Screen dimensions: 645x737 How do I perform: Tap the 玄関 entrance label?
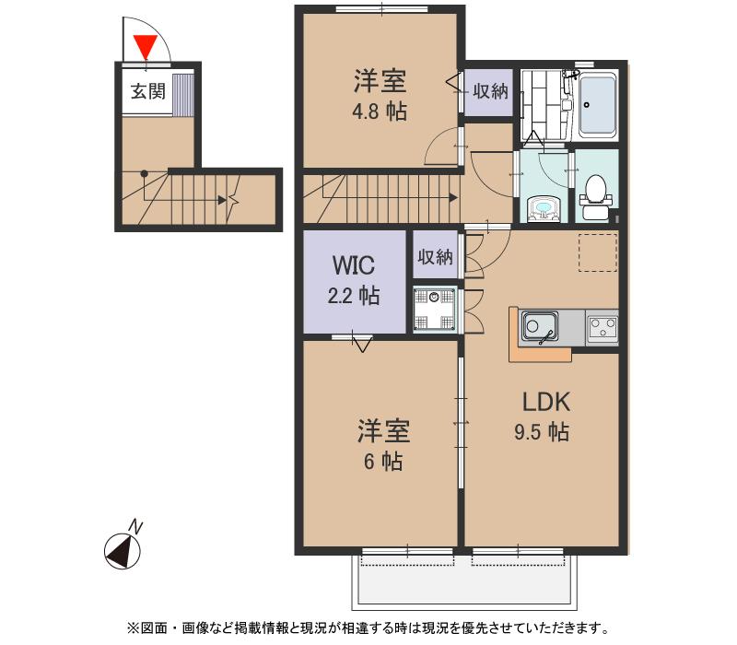point(146,91)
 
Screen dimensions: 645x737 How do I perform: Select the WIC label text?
point(353,266)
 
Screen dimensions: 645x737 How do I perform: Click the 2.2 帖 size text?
point(355,296)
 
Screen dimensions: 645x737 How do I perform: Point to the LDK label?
point(547,402)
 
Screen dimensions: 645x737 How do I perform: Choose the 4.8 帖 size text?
point(380,111)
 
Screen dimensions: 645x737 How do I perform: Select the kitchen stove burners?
point(602,326)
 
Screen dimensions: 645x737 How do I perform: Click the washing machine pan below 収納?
point(434,310)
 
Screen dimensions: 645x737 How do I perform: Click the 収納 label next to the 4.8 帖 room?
point(490,91)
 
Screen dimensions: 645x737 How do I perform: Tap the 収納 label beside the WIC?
point(435,257)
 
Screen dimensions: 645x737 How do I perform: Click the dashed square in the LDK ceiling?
point(597,254)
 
